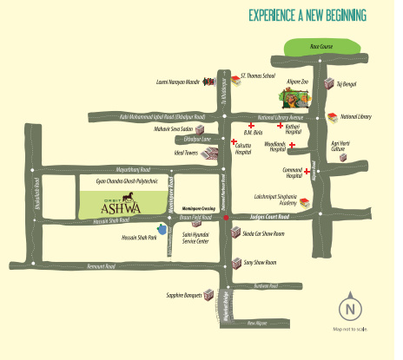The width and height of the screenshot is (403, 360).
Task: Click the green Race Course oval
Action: point(303,49)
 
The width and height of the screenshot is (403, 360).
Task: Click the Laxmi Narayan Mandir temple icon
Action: point(210,82)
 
